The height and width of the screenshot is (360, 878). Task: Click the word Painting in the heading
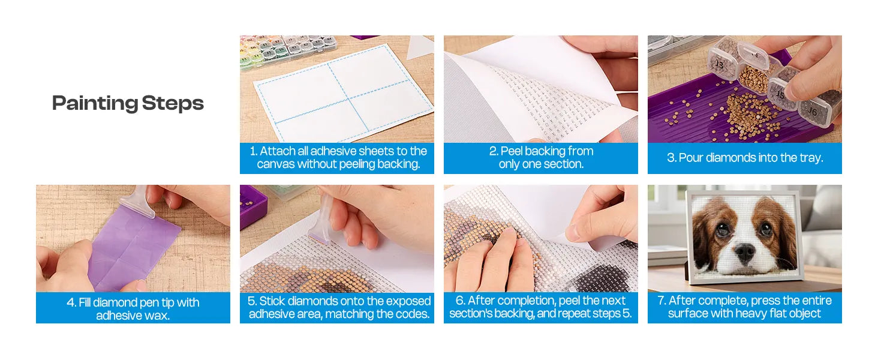[95, 104]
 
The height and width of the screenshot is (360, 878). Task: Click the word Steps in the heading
[173, 104]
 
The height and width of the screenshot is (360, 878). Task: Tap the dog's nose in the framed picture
[744, 253]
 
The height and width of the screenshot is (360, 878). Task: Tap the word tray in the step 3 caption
[811, 158]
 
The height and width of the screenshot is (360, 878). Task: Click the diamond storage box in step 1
[288, 52]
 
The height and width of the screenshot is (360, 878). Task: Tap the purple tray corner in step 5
[253, 206]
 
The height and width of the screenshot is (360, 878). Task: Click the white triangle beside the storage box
[420, 46]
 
